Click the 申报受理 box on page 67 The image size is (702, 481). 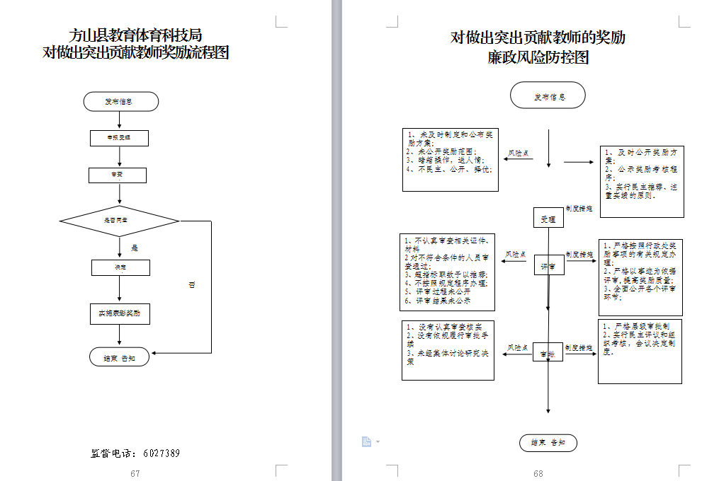coord(118,138)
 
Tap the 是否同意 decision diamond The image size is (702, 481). coord(118,221)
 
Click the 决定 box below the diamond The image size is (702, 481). coord(120,267)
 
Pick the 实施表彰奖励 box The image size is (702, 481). coord(120,313)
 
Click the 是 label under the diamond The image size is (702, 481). coord(135,248)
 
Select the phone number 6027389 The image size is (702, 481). coord(161,453)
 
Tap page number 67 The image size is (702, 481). coord(135,473)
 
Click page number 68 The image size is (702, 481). coord(538,473)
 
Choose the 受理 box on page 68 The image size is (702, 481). coord(548,219)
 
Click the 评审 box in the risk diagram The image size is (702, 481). coord(548,266)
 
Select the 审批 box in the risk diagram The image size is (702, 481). coord(548,353)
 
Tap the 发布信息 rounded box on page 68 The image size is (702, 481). coord(548,96)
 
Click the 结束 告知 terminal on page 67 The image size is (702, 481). coord(120,358)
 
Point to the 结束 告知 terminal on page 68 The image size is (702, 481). coord(548,443)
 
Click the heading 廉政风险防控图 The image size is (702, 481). coord(538,58)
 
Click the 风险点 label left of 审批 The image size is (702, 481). coord(517,348)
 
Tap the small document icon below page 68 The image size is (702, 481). coord(366,442)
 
